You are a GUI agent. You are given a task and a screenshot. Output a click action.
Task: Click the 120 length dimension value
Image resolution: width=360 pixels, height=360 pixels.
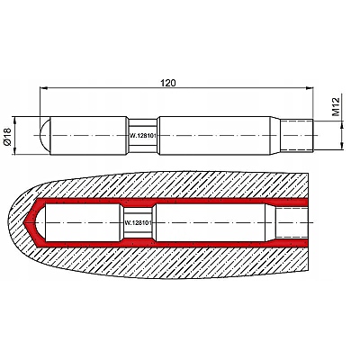tap(167, 83)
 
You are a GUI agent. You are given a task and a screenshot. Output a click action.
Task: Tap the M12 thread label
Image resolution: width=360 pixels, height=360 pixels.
tap(336, 106)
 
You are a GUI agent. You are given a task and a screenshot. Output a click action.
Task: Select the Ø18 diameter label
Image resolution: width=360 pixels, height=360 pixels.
tap(7, 137)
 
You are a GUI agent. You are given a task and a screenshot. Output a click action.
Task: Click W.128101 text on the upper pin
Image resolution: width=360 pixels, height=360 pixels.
tap(143, 136)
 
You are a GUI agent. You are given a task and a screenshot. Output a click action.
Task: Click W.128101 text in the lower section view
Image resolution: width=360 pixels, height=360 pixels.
tap(139, 223)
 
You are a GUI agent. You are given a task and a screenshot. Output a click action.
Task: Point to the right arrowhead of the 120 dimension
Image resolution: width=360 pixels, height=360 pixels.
tap(310, 88)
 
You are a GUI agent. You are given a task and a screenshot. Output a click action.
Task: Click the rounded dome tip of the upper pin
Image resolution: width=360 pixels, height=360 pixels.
tap(45, 135)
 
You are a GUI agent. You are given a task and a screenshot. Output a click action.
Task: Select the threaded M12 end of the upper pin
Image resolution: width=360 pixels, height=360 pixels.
tap(297, 135)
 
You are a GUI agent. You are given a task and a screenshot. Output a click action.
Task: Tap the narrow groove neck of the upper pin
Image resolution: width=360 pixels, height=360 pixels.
tap(143, 136)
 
